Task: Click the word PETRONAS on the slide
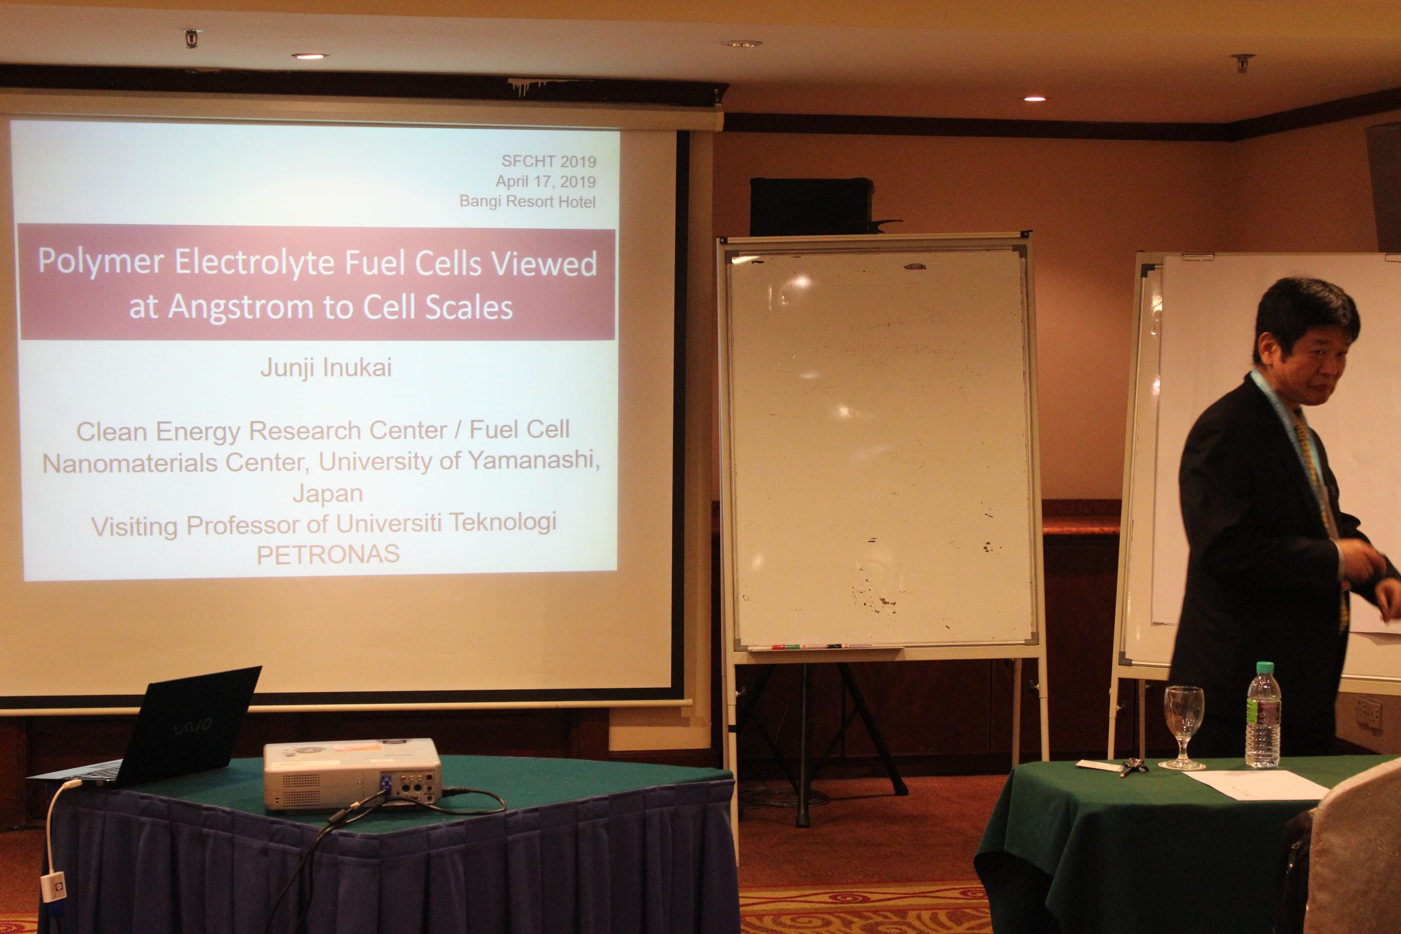[x=328, y=555]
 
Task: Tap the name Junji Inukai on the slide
[x=326, y=368]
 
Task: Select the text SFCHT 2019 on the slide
[x=548, y=161]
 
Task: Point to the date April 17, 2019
[x=546, y=181]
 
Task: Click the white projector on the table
[x=352, y=774]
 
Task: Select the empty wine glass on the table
[x=1183, y=727]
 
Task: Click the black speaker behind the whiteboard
[x=811, y=207]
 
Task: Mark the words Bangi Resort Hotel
[x=527, y=202]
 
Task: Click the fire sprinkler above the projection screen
[x=192, y=38]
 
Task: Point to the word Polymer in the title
[x=101, y=263]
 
